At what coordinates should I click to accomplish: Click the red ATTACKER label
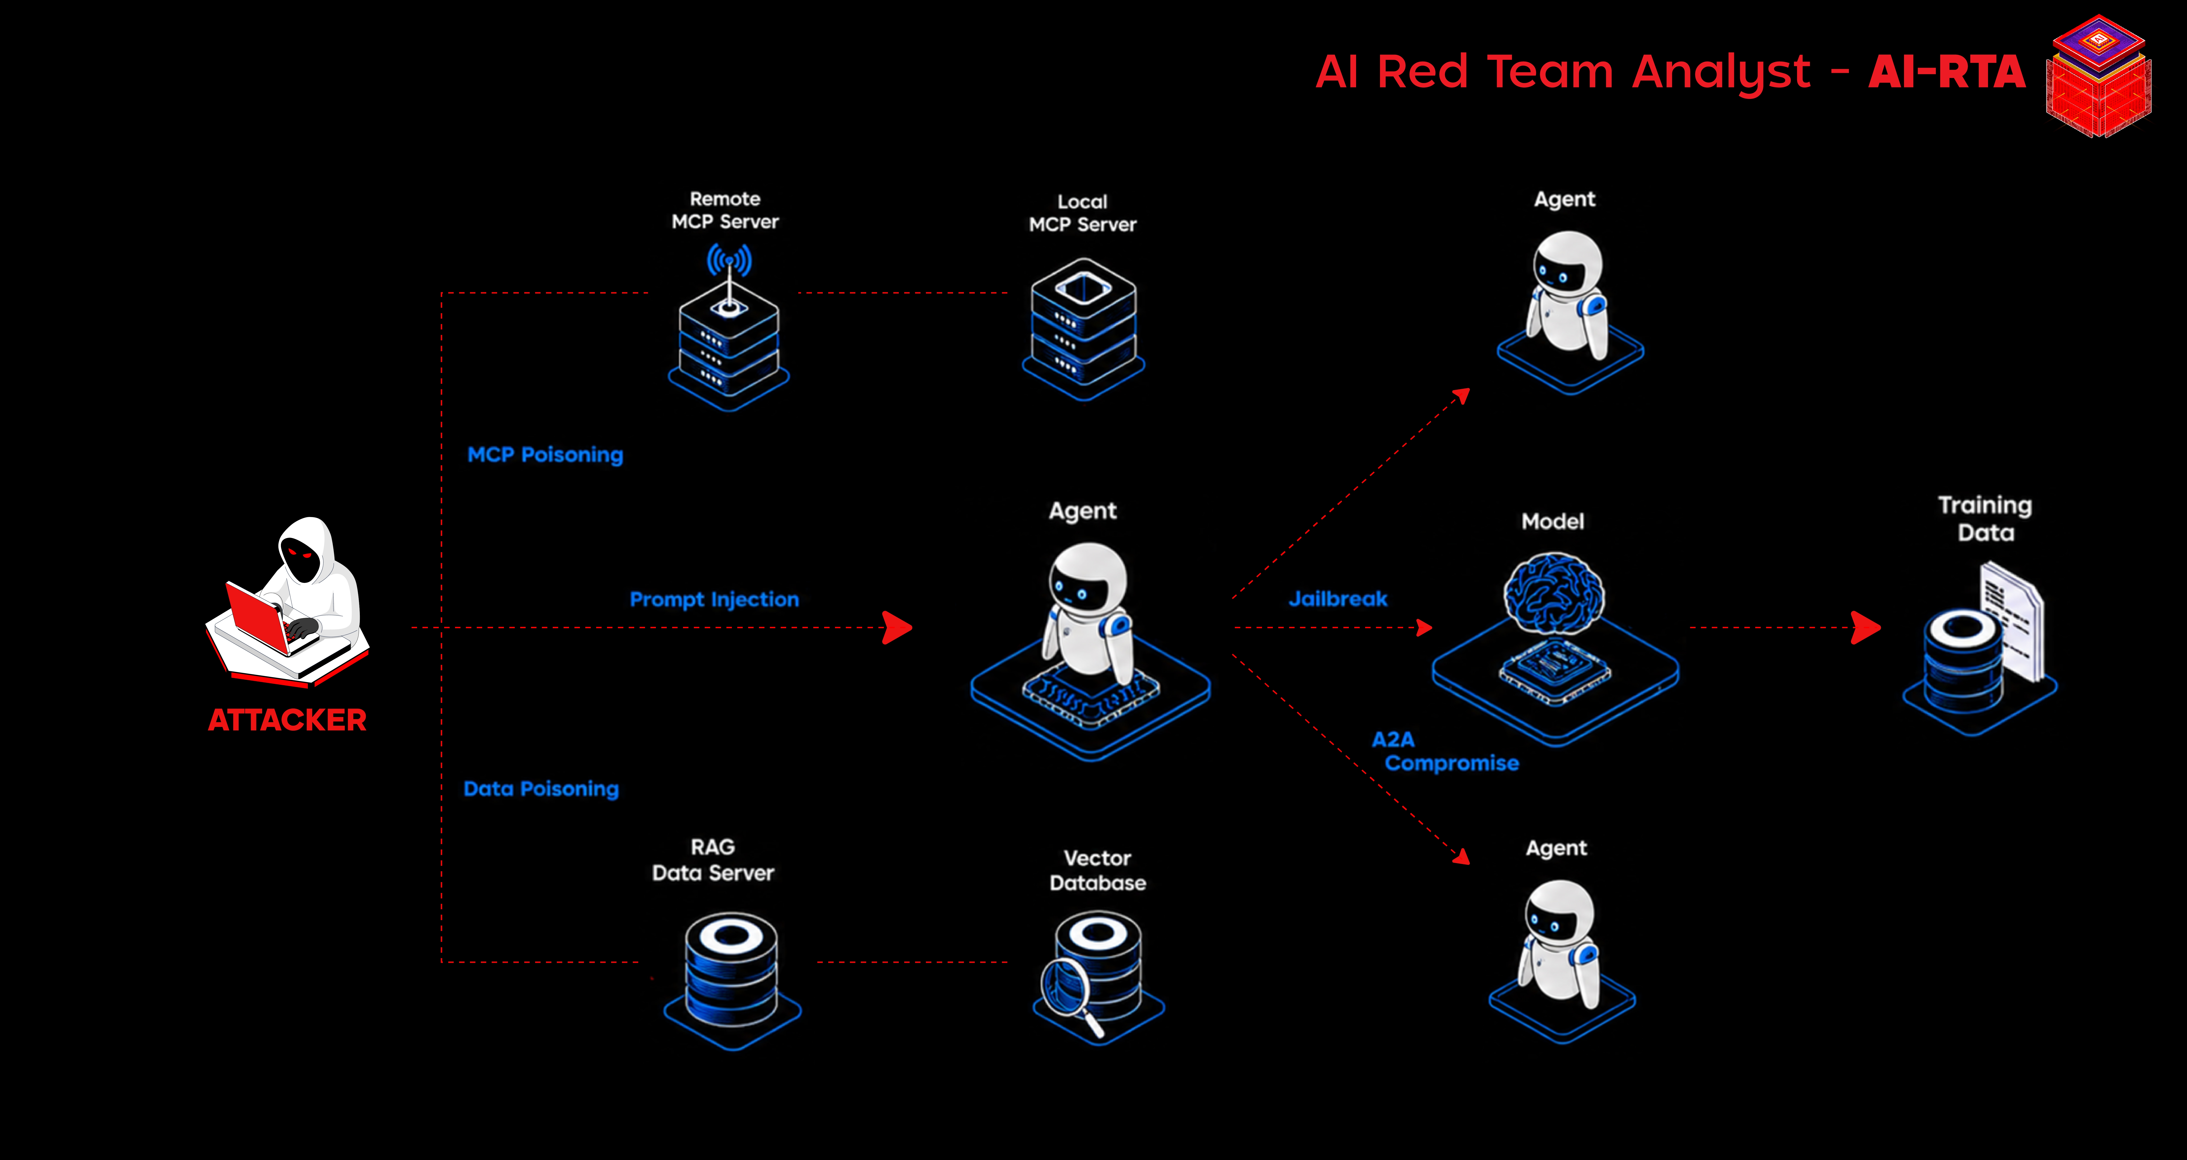tap(287, 720)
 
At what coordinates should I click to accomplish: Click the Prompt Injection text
tap(714, 599)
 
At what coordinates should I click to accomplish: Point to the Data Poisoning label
tap(541, 789)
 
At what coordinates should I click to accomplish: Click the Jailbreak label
tap(1338, 599)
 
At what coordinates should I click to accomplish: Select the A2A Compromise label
tap(1445, 752)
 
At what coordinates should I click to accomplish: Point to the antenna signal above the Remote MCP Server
tap(729, 261)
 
